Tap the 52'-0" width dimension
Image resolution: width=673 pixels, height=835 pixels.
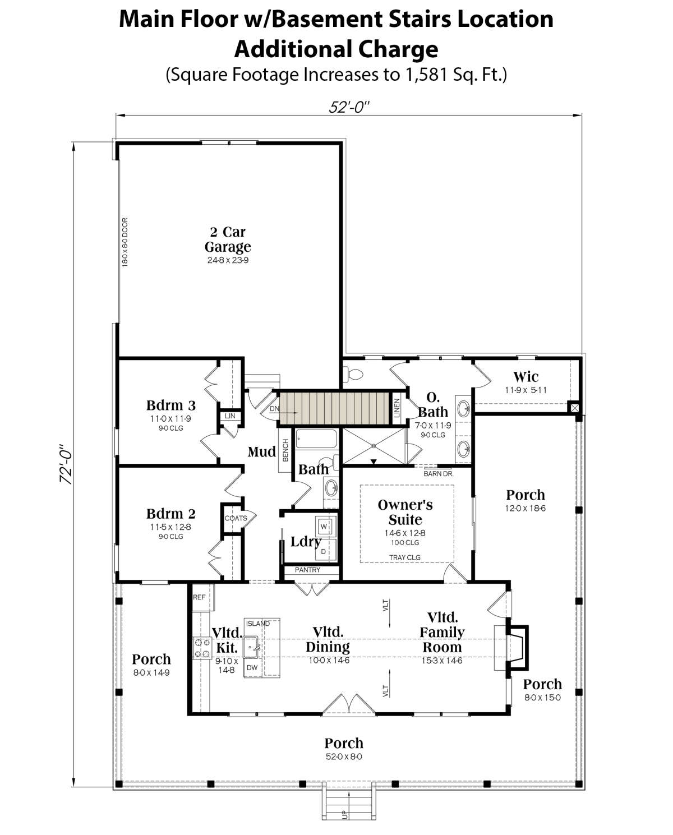pyautogui.click(x=349, y=107)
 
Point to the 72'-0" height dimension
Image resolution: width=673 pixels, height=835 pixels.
pyautogui.click(x=66, y=464)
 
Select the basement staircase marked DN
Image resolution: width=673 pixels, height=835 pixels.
pyautogui.click(x=334, y=408)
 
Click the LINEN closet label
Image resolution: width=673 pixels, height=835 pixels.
pyautogui.click(x=397, y=408)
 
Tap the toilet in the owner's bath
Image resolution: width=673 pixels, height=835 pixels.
pyautogui.click(x=354, y=375)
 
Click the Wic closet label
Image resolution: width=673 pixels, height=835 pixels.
pyautogui.click(x=526, y=376)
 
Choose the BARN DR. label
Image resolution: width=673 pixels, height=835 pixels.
pyautogui.click(x=439, y=474)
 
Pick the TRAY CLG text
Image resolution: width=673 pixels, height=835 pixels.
pyautogui.click(x=405, y=557)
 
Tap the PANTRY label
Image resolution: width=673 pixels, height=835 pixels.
pyautogui.click(x=307, y=570)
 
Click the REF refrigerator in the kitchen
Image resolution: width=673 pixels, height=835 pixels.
pyautogui.click(x=202, y=597)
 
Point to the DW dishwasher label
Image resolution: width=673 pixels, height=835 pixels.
pyautogui.click(x=252, y=667)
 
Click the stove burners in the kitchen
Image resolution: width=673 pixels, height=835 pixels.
pyautogui.click(x=202, y=648)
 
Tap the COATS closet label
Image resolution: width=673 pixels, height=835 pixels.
pyautogui.click(x=236, y=518)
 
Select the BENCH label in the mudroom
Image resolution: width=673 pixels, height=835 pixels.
pyautogui.click(x=285, y=450)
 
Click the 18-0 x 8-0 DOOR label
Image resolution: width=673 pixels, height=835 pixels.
pyautogui.click(x=125, y=242)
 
